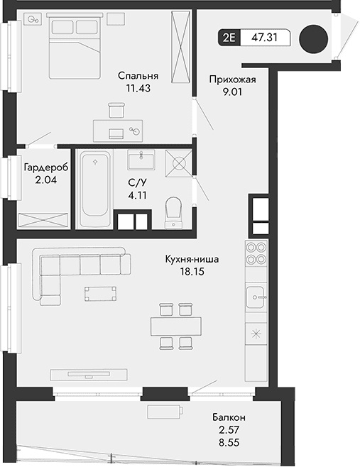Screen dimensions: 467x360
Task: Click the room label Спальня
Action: pyautogui.click(x=138, y=76)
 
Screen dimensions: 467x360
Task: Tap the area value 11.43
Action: pyautogui.click(x=138, y=89)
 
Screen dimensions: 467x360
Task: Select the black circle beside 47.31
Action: pyautogui.click(x=313, y=39)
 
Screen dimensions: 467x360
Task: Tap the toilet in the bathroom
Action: pyautogui.click(x=173, y=211)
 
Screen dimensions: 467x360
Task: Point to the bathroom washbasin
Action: pyautogui.click(x=145, y=158)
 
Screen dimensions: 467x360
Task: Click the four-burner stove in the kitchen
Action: pyautogui.click(x=256, y=253)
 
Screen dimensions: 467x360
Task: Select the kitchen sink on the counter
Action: pyautogui.click(x=256, y=296)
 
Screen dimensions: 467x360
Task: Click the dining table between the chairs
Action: pyautogui.click(x=175, y=326)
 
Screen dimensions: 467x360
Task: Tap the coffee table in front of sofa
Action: pyautogui.click(x=99, y=293)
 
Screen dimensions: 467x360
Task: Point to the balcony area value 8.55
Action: pyautogui.click(x=229, y=442)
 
